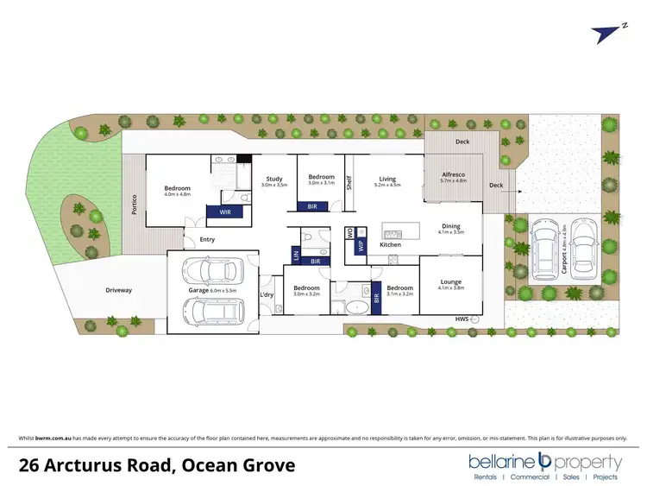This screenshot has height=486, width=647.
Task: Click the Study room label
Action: pyautogui.click(x=274, y=180)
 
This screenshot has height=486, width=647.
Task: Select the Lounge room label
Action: pyautogui.click(x=449, y=282)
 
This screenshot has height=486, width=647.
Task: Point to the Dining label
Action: pyautogui.click(x=450, y=226)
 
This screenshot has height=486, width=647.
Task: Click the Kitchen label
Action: pyautogui.click(x=390, y=245)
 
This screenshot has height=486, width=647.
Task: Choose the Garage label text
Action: pyautogui.click(x=209, y=290)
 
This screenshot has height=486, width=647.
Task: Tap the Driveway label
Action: pyautogui.click(x=119, y=290)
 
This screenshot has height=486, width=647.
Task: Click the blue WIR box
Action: pyautogui.click(x=224, y=211)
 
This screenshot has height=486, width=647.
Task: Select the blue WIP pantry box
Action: pyautogui.click(x=361, y=245)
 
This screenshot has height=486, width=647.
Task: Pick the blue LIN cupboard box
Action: pyautogui.click(x=296, y=256)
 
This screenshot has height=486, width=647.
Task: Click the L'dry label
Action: pyautogui.click(x=267, y=296)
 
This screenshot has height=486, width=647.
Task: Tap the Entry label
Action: pyautogui.click(x=207, y=239)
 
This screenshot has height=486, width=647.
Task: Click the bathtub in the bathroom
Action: pyautogui.click(x=355, y=307)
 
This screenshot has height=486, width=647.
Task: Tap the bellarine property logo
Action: pyautogui.click(x=544, y=465)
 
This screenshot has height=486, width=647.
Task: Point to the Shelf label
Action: pyautogui.click(x=349, y=182)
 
